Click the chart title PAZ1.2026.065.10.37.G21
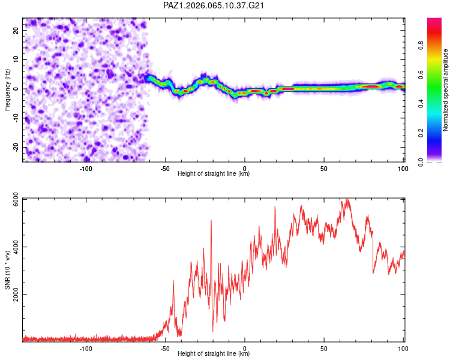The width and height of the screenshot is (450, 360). [214, 5]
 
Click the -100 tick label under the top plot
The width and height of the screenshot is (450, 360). [86, 168]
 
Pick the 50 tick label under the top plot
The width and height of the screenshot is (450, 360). [323, 168]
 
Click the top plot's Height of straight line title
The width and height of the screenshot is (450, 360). [214, 174]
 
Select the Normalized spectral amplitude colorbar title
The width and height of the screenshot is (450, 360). [446, 90]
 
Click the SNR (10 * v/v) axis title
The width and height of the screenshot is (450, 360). [7, 270]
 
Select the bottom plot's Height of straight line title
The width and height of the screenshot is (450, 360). [214, 354]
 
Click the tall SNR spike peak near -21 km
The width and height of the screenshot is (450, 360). [211, 221]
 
